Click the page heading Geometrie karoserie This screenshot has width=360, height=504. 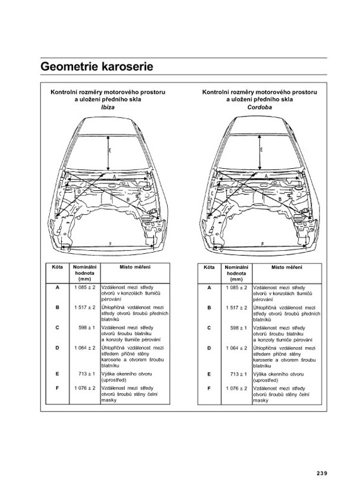click(x=97, y=67)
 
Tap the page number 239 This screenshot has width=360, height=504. click(x=322, y=473)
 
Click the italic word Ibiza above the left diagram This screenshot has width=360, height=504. click(x=108, y=107)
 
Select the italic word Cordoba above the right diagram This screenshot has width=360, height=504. click(x=259, y=107)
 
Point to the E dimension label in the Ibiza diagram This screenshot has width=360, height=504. click(x=110, y=150)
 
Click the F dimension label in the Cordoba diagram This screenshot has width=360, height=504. click(x=262, y=244)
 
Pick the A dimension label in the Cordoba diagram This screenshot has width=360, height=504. click(x=267, y=176)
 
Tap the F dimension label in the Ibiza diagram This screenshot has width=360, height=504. click(x=110, y=244)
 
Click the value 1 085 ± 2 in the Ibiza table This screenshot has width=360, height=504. click(x=85, y=287)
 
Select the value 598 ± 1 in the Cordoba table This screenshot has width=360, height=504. click(x=239, y=328)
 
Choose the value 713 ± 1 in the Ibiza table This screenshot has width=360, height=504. click(x=87, y=374)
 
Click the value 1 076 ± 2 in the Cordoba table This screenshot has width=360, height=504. click(x=236, y=388)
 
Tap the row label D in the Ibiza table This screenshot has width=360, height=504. click(x=57, y=348)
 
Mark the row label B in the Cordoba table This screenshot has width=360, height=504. click(x=209, y=307)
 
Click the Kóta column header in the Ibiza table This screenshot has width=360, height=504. click(x=57, y=266)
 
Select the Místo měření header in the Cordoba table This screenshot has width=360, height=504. click(x=287, y=267)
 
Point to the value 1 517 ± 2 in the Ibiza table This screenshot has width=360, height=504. click(x=85, y=307)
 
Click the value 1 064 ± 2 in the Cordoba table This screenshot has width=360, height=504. click(x=236, y=348)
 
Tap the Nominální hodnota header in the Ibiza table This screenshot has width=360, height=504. click(x=85, y=273)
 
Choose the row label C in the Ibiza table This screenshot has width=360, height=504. click(x=57, y=328)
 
